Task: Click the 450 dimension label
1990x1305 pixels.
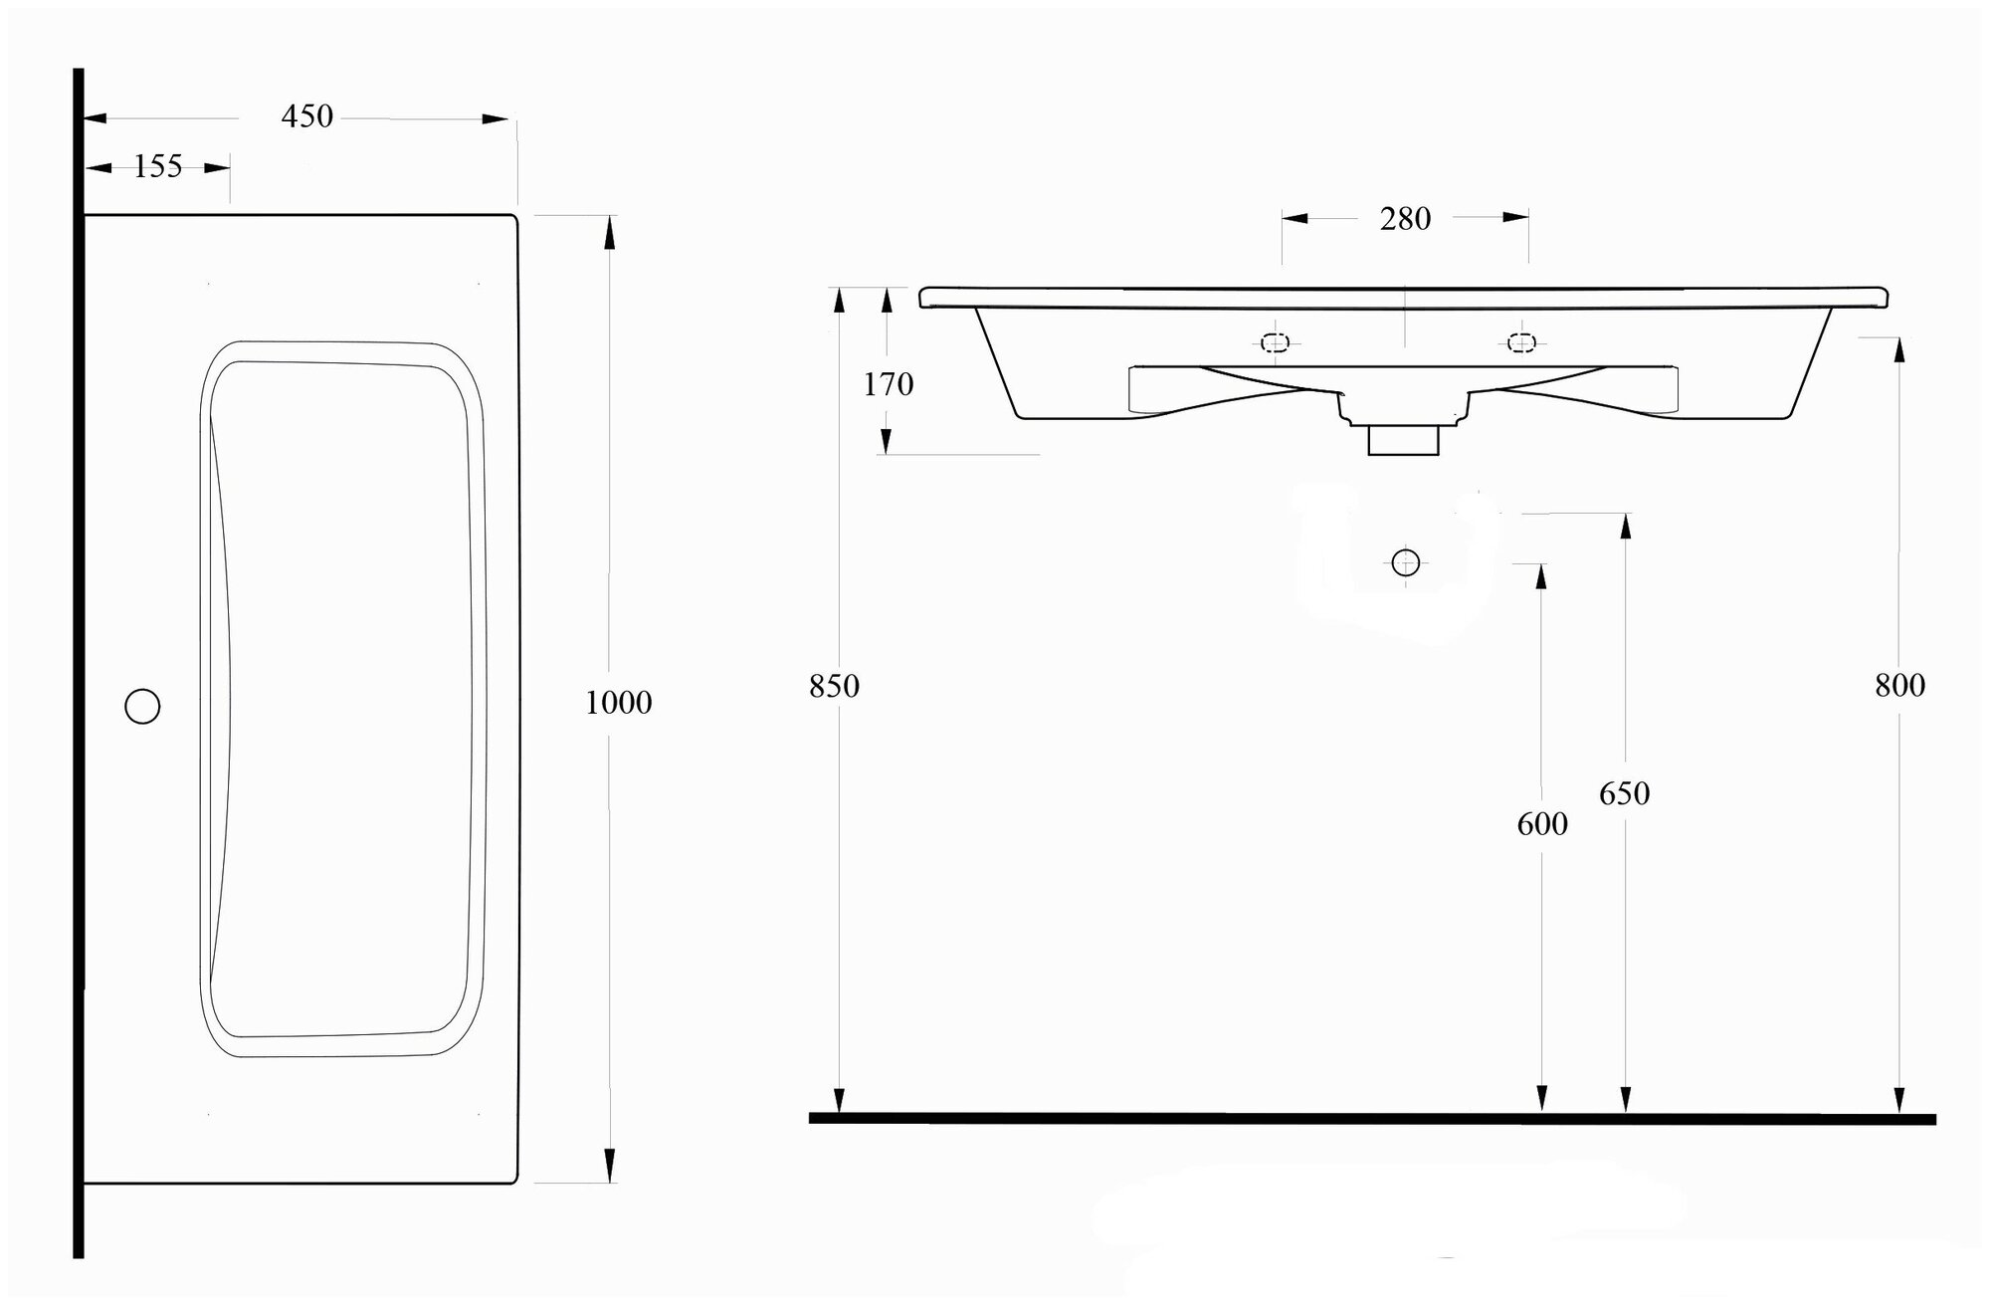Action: click(x=306, y=116)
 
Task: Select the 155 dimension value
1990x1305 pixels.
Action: click(x=158, y=166)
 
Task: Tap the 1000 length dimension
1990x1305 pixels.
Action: click(x=618, y=703)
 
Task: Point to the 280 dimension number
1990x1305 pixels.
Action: click(x=1405, y=219)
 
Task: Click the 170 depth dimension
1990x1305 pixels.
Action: click(x=888, y=384)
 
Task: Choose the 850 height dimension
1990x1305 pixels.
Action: click(x=834, y=687)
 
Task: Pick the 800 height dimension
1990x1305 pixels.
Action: click(x=1899, y=686)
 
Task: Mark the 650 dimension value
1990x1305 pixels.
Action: click(x=1624, y=794)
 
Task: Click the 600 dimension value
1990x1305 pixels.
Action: click(x=1542, y=824)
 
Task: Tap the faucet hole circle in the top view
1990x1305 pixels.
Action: click(x=142, y=706)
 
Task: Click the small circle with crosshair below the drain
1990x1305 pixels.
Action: click(x=1405, y=562)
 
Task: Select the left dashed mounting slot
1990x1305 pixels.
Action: click(x=1275, y=343)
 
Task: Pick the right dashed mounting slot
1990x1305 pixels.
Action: click(x=1520, y=343)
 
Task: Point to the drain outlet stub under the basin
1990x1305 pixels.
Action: click(x=1403, y=440)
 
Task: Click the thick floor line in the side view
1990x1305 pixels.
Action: click(x=1373, y=1118)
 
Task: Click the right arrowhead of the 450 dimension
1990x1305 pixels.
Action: click(x=496, y=118)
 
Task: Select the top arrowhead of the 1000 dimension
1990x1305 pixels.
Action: click(x=610, y=233)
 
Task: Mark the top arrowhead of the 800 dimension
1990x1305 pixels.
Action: click(x=1899, y=352)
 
